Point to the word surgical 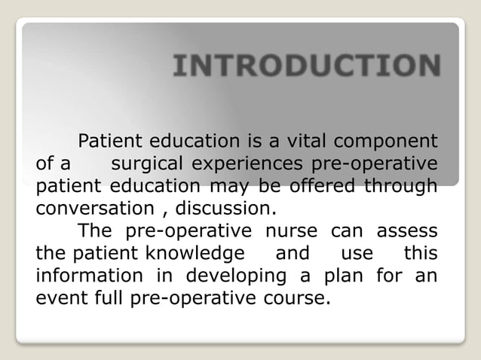tap(147, 163)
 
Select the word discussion tap(232, 206)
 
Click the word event tap(58, 294)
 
